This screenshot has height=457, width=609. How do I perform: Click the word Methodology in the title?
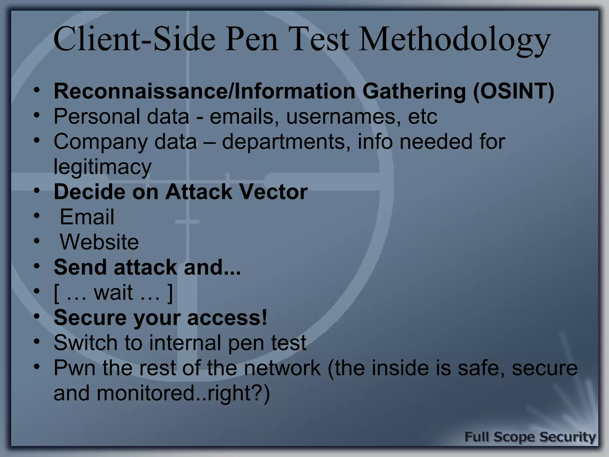click(455, 40)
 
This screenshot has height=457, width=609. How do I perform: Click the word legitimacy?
click(103, 167)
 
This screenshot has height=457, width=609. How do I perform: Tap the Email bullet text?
click(87, 217)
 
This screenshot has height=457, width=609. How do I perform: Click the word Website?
click(99, 242)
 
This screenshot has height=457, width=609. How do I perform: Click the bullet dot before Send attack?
click(36, 266)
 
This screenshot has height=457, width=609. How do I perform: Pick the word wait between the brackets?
click(113, 292)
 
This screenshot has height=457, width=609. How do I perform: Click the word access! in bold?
click(227, 317)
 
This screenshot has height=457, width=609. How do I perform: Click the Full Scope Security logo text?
click(530, 437)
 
